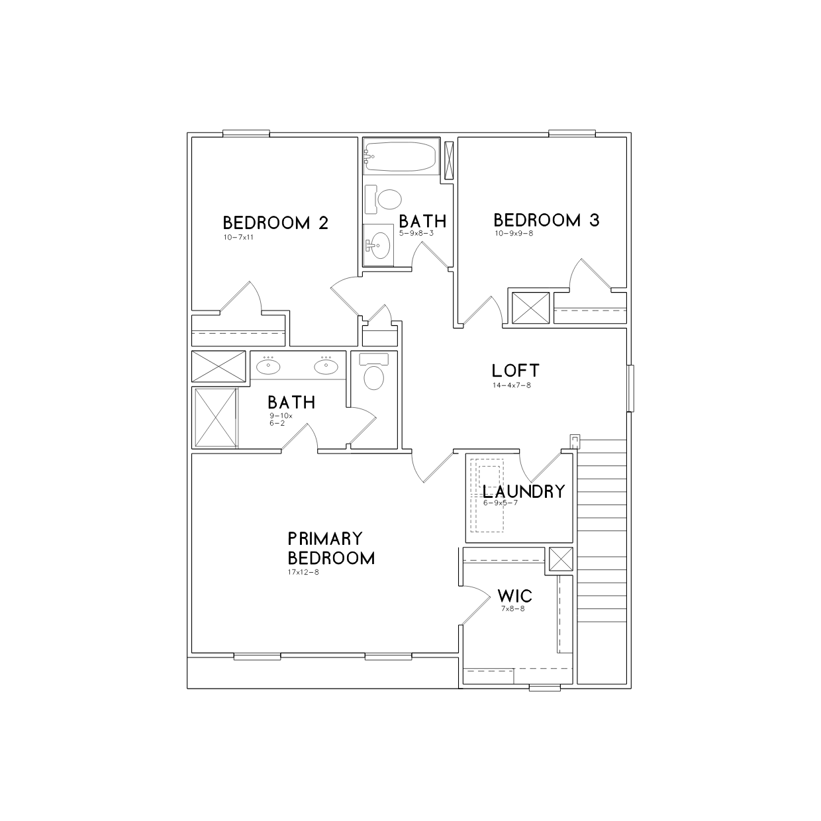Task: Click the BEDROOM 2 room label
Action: (275, 223)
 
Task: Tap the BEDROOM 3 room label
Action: (547, 220)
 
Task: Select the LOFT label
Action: (516, 371)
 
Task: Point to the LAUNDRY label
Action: (524, 492)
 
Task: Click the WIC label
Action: (514, 596)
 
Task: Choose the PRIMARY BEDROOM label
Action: (332, 549)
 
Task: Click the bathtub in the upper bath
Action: (401, 156)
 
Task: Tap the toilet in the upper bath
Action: (383, 199)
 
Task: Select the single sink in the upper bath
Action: (378, 246)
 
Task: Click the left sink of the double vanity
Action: (268, 365)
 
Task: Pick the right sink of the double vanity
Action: (326, 365)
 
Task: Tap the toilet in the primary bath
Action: (374, 371)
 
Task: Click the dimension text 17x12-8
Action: (303, 572)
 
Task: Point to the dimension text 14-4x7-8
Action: (512, 385)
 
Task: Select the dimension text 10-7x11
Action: (238, 237)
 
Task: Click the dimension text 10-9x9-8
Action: (514, 233)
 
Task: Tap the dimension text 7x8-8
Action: (513, 608)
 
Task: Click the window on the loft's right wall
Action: (630, 388)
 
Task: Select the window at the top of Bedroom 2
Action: (246, 133)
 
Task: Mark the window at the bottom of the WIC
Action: (544, 688)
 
